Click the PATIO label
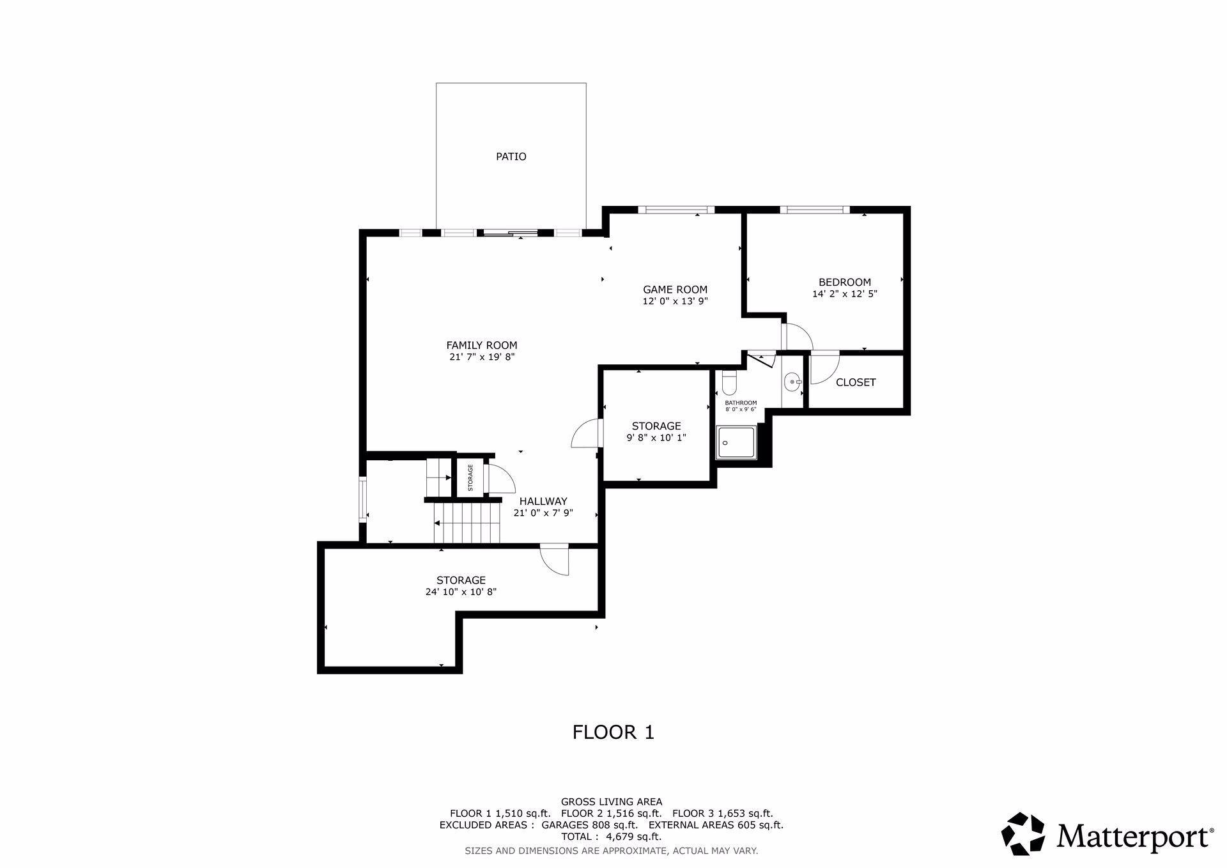tap(511, 157)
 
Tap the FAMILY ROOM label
tap(482, 345)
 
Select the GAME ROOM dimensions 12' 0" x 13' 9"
tap(675, 301)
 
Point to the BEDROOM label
tap(845, 282)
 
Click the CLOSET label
tap(856, 382)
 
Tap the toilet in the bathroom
tap(729, 383)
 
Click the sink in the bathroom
tap(793, 382)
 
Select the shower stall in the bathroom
tap(736, 442)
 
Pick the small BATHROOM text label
tap(741, 403)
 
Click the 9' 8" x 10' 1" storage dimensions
tap(656, 438)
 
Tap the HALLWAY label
tap(543, 501)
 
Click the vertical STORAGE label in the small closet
tap(470, 477)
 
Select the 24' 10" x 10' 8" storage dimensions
tap(461, 592)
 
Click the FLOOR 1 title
tap(613, 732)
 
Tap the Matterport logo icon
tap(1023, 833)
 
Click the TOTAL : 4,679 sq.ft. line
tap(612, 837)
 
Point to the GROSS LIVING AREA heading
tap(612, 802)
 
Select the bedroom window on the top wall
tap(815, 209)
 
